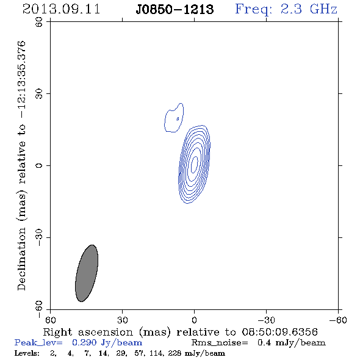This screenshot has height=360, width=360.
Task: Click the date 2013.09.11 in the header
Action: click(x=61, y=9)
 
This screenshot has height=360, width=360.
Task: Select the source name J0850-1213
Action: click(x=175, y=10)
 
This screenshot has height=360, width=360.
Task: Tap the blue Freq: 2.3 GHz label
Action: click(x=286, y=9)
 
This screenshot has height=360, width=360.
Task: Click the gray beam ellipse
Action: click(x=87, y=273)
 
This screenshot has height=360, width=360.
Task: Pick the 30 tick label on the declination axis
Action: click(x=39, y=93)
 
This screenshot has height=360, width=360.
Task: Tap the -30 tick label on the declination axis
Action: click(x=39, y=237)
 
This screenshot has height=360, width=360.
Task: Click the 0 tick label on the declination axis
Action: click(x=39, y=165)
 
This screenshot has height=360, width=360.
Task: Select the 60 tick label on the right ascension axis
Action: click(x=50, y=320)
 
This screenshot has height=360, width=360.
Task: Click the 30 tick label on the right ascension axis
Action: click(x=122, y=320)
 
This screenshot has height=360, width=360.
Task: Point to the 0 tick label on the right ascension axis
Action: click(x=194, y=320)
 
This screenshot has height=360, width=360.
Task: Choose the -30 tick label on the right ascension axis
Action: click(x=266, y=320)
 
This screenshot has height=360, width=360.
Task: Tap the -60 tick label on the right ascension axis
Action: click(x=338, y=320)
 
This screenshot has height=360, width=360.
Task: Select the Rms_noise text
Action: click(x=220, y=343)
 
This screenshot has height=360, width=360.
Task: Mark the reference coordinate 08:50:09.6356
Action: click(x=280, y=332)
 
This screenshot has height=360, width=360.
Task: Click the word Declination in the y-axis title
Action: click(x=21, y=259)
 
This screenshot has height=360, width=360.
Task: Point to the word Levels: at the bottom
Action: click(x=27, y=353)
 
